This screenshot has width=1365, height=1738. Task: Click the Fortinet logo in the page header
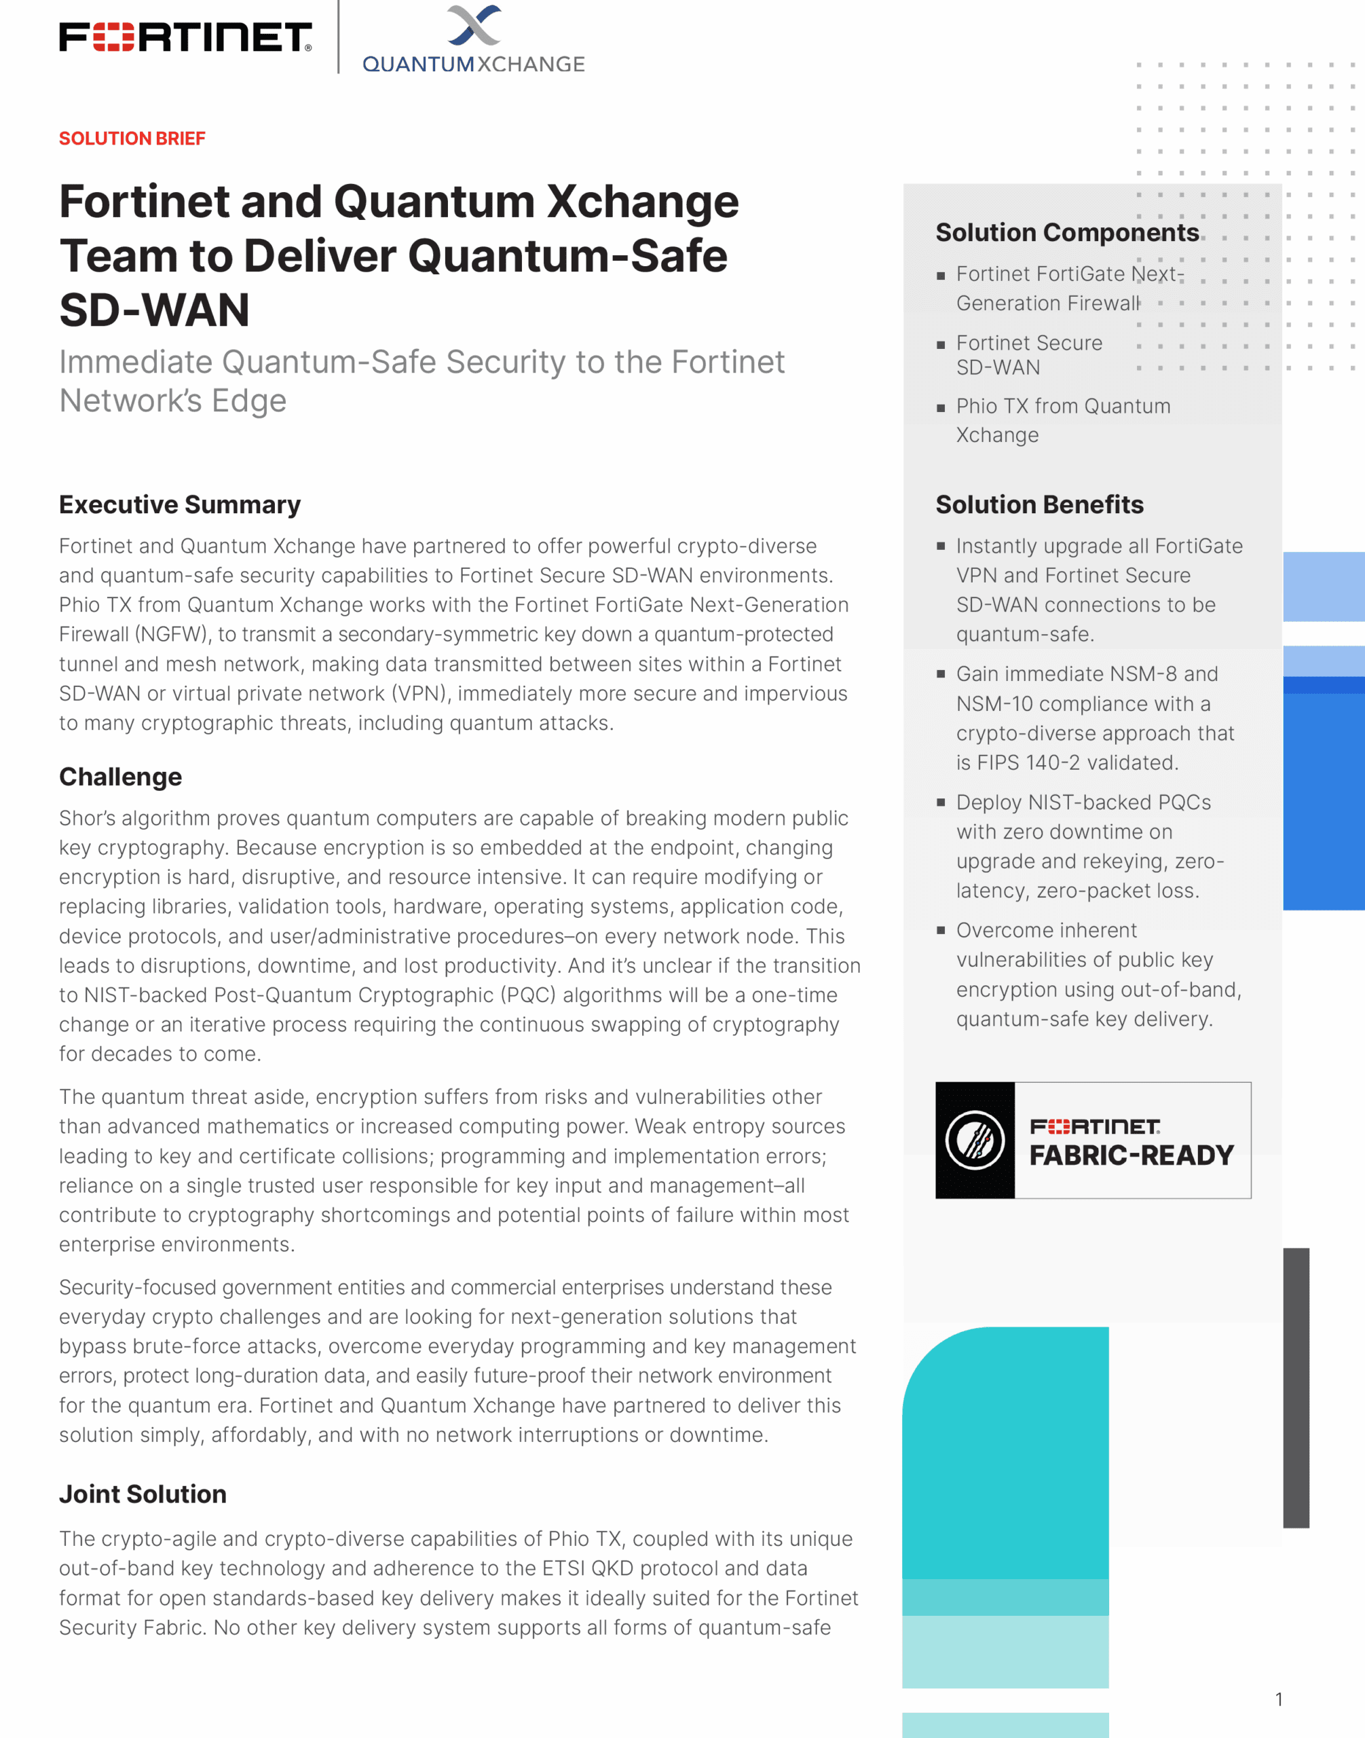click(185, 37)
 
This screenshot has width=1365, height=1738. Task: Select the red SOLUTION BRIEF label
click(132, 138)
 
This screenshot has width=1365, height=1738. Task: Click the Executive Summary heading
click(180, 504)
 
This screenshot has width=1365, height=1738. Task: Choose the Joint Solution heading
click(143, 1494)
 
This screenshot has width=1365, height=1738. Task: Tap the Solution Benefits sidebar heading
click(1039, 504)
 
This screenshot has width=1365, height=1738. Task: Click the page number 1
click(1279, 1699)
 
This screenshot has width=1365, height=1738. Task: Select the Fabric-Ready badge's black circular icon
click(975, 1140)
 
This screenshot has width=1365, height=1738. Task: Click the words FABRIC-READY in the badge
click(1131, 1155)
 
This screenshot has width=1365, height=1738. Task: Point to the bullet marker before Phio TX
click(941, 408)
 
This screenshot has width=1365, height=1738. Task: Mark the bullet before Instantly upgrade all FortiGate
click(941, 547)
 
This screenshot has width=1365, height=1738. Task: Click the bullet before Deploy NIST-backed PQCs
click(941, 802)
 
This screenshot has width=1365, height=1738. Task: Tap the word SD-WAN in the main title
click(154, 310)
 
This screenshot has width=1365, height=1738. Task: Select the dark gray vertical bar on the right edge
click(1296, 1387)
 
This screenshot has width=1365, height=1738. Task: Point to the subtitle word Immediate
click(136, 362)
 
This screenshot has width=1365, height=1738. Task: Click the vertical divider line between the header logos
click(338, 37)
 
